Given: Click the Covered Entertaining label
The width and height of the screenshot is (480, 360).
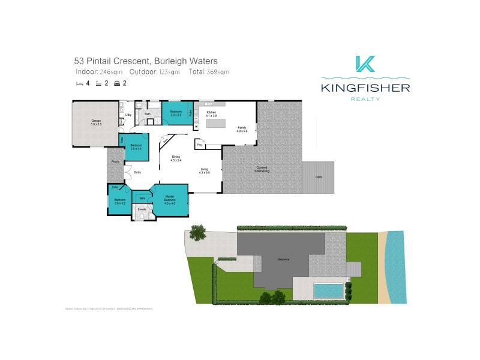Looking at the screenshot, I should point(262,170).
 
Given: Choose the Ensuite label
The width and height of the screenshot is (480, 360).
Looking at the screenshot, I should point(142,209).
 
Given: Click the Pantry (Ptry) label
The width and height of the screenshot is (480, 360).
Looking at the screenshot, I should point(199,145).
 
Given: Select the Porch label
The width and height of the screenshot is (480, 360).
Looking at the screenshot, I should point(115,161).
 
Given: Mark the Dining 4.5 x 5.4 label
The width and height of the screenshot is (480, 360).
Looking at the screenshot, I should point(176,159).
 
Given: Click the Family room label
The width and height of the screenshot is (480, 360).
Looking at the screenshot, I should point(242,129).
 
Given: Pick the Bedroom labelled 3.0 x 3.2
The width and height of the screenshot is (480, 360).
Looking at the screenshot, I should point(119,201).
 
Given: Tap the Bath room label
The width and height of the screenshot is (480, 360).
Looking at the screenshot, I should point(148,113).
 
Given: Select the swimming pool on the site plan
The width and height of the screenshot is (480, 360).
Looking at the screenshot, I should point(328,290).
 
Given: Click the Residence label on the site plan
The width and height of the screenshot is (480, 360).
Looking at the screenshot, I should point(283,259).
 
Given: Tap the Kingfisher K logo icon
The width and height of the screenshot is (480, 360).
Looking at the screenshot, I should point(365,65).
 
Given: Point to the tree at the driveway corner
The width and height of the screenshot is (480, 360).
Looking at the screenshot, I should point(196,230).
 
